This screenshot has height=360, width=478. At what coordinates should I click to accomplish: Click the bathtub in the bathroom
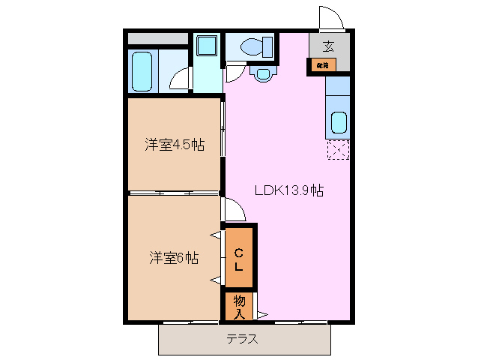142,70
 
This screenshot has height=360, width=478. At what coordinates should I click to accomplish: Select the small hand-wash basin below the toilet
262,73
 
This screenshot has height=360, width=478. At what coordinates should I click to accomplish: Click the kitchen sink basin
339,122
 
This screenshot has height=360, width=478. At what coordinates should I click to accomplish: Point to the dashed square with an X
338,150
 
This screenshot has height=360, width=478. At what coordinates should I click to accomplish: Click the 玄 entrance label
328,46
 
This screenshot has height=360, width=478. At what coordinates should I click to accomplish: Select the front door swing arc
330,16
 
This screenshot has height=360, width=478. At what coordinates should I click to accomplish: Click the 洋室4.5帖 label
174,145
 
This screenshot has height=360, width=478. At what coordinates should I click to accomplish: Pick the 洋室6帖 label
173,258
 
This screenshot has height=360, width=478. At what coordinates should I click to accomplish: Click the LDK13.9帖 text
287,190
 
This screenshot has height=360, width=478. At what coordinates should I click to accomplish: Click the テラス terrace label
243,338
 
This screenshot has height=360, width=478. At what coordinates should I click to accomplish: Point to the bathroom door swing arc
178,79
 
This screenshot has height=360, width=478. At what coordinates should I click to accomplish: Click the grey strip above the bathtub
157,38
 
